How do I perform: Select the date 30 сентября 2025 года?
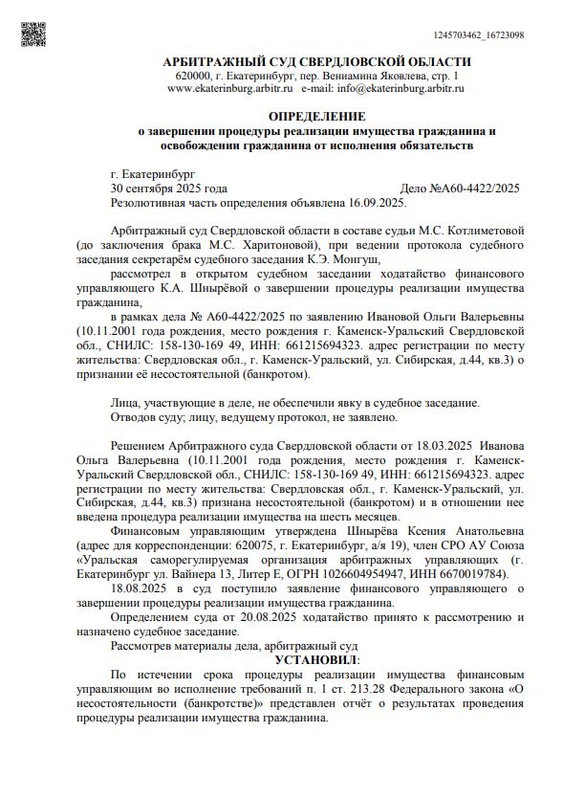[169, 189]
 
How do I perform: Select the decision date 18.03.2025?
[441, 445]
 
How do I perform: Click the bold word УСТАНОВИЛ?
[314, 660]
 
